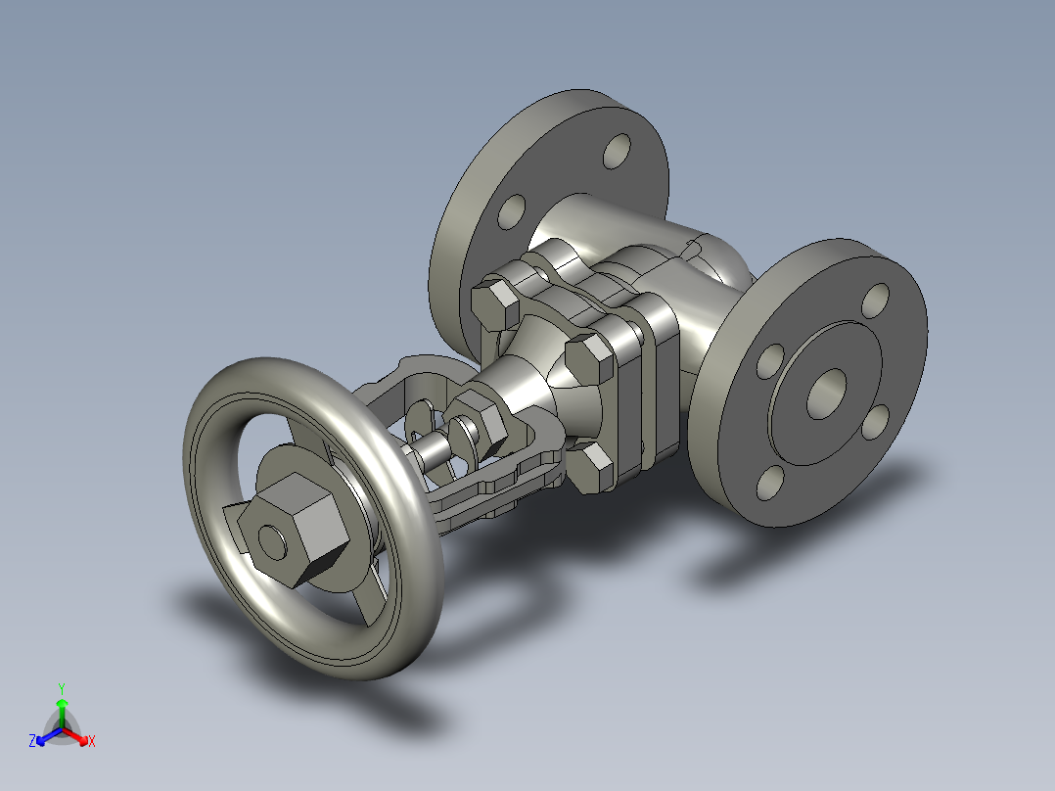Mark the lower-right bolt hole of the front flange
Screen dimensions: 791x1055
(x=876, y=420)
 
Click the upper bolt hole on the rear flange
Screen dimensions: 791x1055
(x=619, y=151)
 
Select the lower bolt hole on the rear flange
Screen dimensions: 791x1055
(x=512, y=210)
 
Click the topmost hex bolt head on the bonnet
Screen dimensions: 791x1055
(x=494, y=304)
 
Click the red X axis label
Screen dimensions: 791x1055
(x=92, y=741)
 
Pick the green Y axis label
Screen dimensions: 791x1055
(x=61, y=688)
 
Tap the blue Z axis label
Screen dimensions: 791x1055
(x=32, y=741)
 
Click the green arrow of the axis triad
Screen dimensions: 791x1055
(x=62, y=708)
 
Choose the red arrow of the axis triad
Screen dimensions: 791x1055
(x=79, y=735)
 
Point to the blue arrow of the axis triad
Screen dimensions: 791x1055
(x=44, y=735)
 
